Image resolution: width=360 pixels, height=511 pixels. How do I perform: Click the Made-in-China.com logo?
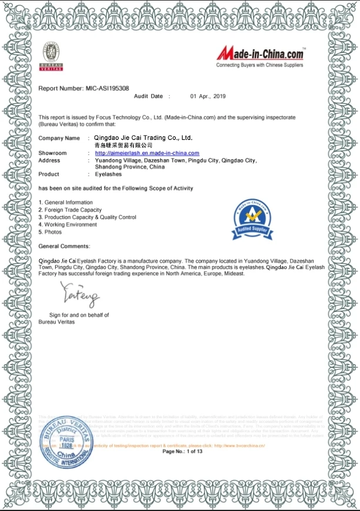260,56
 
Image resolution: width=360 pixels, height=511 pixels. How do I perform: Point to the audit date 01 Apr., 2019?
207,96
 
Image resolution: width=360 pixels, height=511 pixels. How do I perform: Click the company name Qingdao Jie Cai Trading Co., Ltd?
143,138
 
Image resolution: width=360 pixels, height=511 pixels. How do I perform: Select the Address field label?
49,160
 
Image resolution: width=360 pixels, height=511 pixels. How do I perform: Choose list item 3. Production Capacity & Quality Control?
87,217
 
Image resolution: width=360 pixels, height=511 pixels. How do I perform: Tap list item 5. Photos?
50,232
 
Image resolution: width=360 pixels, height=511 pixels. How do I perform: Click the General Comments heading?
64,246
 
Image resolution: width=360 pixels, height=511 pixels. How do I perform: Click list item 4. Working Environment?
68,224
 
